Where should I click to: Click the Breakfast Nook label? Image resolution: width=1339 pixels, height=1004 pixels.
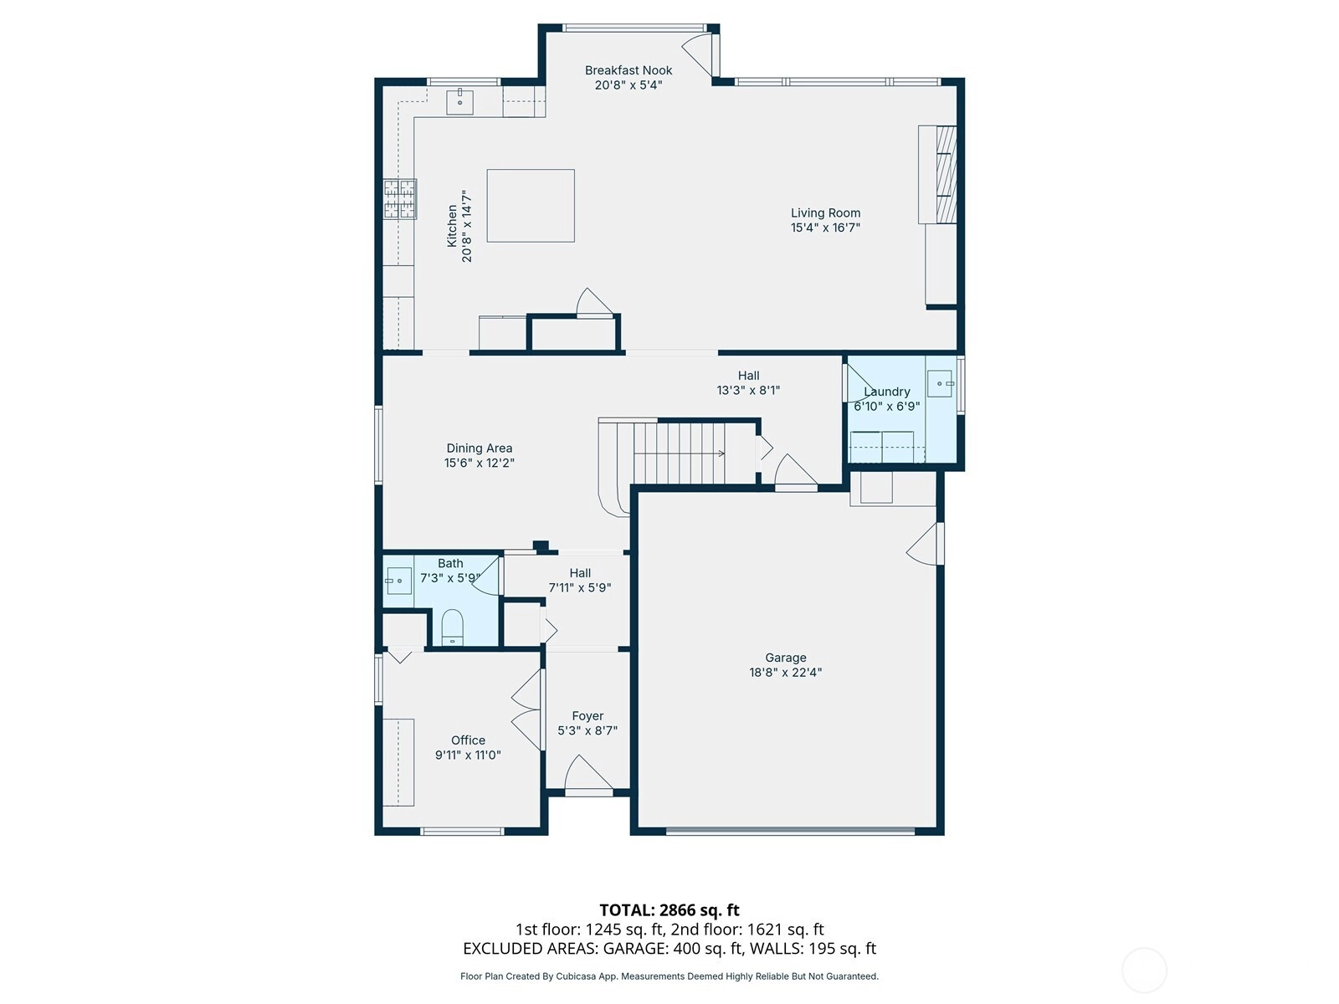pos(628,70)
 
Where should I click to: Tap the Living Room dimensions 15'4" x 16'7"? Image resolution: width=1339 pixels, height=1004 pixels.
pos(825,228)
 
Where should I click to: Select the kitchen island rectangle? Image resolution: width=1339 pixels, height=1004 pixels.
pos(530,206)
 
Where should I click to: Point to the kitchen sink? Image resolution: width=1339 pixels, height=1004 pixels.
pos(459,102)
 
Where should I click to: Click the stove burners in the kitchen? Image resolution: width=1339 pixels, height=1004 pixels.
pos(400,199)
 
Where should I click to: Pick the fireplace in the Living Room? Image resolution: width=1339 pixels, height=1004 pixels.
pos(937,174)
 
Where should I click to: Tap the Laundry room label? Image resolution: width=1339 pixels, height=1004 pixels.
pos(887,392)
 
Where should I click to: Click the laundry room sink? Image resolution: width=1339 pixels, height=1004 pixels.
pos(940,383)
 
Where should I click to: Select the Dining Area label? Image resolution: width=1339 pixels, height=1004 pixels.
pos(480,448)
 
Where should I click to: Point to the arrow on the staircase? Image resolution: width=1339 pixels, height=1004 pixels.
pos(679,453)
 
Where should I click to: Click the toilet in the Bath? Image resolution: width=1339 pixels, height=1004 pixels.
pos(452,627)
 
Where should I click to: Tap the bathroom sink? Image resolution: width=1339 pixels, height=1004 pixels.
pos(399,581)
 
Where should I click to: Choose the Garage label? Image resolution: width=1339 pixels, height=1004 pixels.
pos(786,658)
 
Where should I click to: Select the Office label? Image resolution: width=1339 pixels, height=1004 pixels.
pos(468,740)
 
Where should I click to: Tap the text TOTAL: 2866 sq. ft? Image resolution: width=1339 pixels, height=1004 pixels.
pos(669,910)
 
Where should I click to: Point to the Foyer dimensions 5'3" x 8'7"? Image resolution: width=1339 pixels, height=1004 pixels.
pos(587,730)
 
